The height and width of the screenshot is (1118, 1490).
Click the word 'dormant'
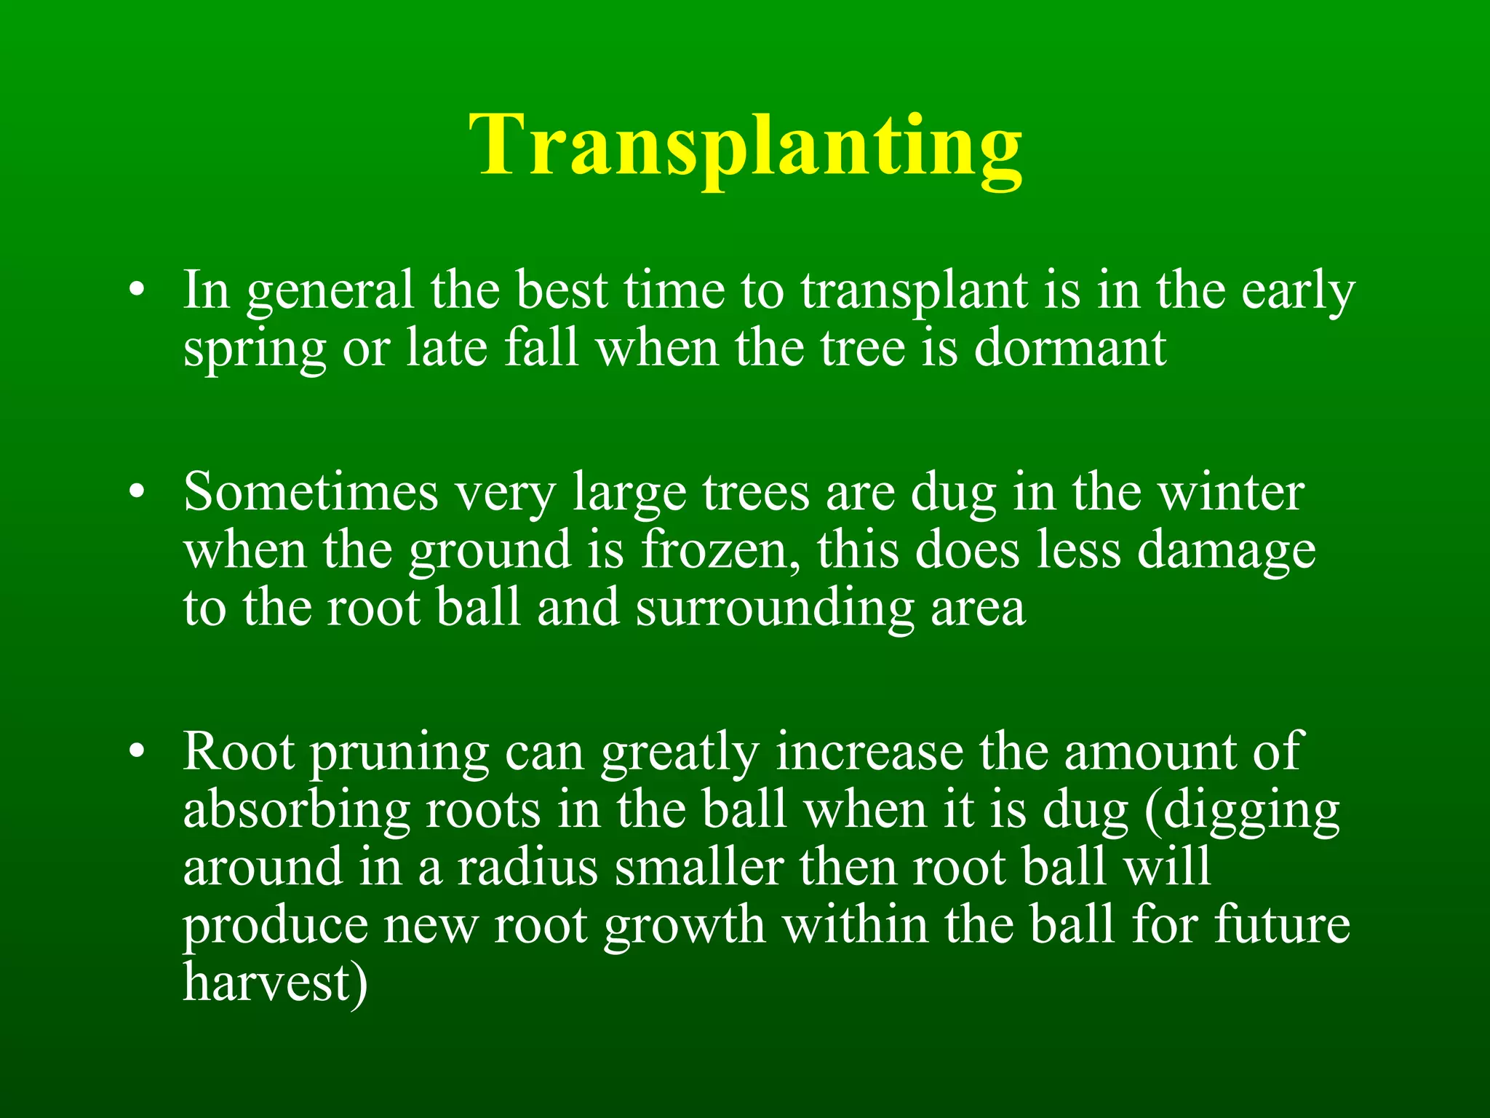(x=1070, y=348)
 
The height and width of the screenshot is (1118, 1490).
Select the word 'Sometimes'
(x=311, y=493)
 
